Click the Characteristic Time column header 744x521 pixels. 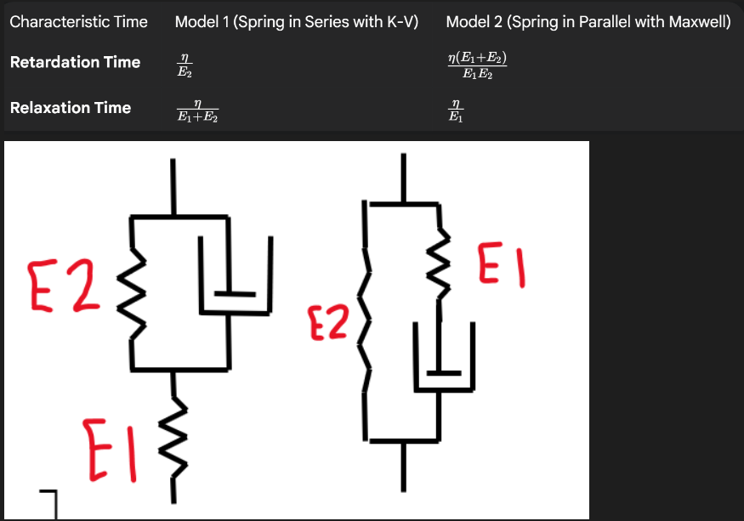(x=78, y=22)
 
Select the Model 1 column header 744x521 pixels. (x=297, y=22)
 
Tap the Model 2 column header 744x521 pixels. (x=588, y=22)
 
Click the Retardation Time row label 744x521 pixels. (x=75, y=62)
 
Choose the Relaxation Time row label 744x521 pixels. (x=71, y=108)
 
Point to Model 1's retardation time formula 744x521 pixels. (x=184, y=65)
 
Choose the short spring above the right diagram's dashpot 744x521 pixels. (x=439, y=253)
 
